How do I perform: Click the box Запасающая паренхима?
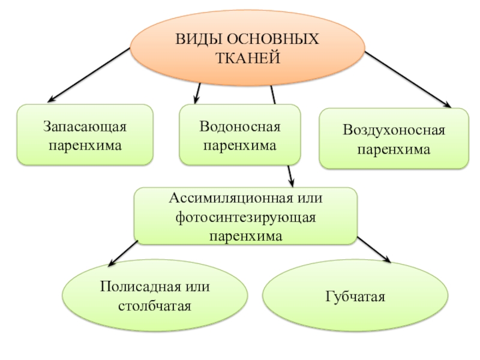coord(85,136)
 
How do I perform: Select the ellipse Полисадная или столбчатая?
coord(155,296)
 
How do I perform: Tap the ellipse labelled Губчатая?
coord(355,296)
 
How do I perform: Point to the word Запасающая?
coord(85,128)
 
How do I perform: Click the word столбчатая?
coord(155,307)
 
